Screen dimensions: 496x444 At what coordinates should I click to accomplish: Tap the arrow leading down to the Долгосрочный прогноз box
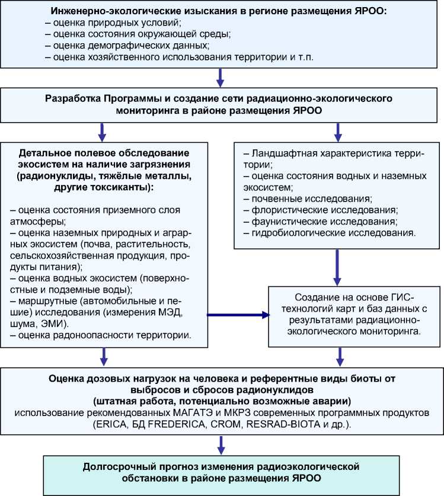pos(221,443)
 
